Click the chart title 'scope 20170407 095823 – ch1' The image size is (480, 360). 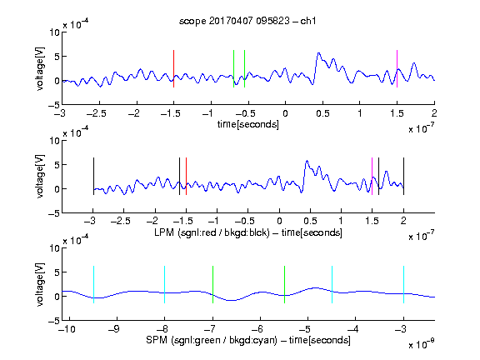pyautogui.click(x=247, y=21)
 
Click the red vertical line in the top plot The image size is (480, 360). pyautogui.click(x=173, y=68)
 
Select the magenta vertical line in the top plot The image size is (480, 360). pyautogui.click(x=397, y=68)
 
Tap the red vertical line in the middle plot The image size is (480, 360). pyautogui.click(x=186, y=176)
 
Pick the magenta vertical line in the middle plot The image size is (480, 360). pyautogui.click(x=372, y=176)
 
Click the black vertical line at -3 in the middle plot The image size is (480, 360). pyautogui.click(x=93, y=176)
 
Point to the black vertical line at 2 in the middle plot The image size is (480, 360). pyautogui.click(x=404, y=176)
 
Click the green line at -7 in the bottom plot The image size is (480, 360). pyautogui.click(x=212, y=285)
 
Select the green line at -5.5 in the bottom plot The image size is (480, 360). pyautogui.click(x=285, y=285)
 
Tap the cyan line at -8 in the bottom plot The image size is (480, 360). pyautogui.click(x=165, y=285)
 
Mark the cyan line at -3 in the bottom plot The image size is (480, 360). pyautogui.click(x=404, y=285)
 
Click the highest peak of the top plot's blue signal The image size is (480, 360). pyautogui.click(x=318, y=53)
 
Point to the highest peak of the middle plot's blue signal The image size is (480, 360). pyautogui.click(x=307, y=161)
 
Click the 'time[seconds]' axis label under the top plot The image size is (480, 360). pyautogui.click(x=248, y=125)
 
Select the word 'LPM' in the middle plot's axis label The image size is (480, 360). pyautogui.click(x=164, y=232)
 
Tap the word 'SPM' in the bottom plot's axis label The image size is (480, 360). pyautogui.click(x=157, y=340)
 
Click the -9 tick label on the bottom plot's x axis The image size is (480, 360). pyautogui.click(x=114, y=329)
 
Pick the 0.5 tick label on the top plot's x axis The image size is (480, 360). pyautogui.click(x=322, y=113)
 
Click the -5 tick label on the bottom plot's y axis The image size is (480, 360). pyautogui.click(x=54, y=321)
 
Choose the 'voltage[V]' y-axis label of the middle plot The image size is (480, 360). pyautogui.click(x=40, y=177)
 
